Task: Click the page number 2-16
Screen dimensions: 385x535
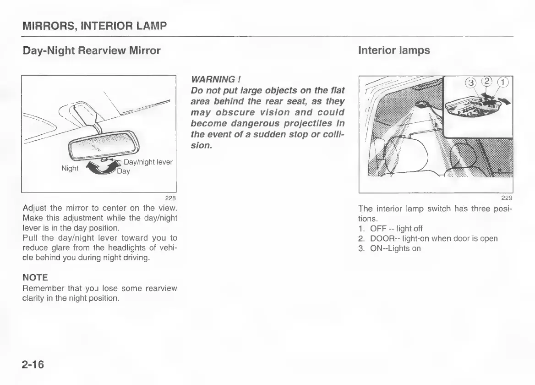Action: point(33,364)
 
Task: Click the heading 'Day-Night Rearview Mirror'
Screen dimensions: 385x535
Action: point(92,50)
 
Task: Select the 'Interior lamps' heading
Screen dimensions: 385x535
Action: point(394,50)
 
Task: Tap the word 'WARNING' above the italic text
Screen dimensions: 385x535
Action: point(211,80)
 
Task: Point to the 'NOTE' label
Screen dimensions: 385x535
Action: point(35,278)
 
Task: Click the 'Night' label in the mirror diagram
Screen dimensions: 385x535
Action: point(70,168)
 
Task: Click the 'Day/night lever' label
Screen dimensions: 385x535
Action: point(148,162)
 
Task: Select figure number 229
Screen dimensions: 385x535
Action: point(507,198)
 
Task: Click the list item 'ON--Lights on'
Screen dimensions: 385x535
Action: point(395,248)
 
